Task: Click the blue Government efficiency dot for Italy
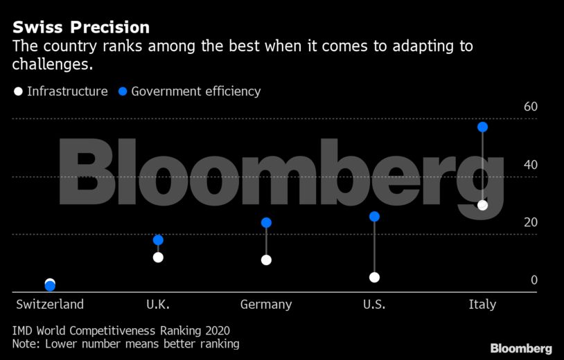[483, 127]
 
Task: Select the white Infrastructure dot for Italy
[483, 205]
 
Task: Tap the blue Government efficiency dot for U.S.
[375, 217]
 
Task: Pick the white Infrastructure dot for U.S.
[375, 277]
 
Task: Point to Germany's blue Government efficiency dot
[266, 223]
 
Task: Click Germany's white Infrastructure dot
[266, 260]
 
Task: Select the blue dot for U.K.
[158, 240]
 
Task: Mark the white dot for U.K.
[158, 257]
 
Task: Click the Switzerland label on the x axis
[50, 305]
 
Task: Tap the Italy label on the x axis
[482, 305]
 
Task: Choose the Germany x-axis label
[266, 305]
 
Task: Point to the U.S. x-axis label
[374, 305]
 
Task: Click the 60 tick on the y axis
[531, 107]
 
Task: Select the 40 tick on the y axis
[531, 165]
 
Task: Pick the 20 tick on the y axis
[531, 222]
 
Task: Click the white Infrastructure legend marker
[18, 91]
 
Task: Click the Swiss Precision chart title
[81, 28]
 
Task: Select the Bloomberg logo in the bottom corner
[521, 348]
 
